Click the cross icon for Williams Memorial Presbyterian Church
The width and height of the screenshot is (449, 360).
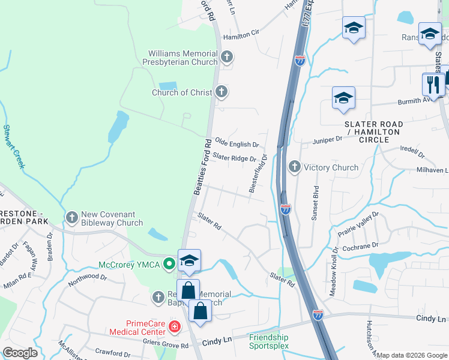click(x=226, y=58)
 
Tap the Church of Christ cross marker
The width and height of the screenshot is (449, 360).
click(x=221, y=92)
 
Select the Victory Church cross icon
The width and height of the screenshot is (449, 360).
click(x=294, y=167)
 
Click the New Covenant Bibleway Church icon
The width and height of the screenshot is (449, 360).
click(x=71, y=218)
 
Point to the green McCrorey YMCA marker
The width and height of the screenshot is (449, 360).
click(x=170, y=263)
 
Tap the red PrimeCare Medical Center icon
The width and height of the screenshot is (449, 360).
click(x=174, y=327)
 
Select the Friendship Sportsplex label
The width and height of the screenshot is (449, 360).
click(x=268, y=341)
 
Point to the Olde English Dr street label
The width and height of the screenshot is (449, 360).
click(x=237, y=145)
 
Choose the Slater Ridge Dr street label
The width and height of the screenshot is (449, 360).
click(x=234, y=158)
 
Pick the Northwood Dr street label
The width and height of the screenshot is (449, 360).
click(x=87, y=278)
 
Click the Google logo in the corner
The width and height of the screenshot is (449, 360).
click(x=20, y=352)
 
